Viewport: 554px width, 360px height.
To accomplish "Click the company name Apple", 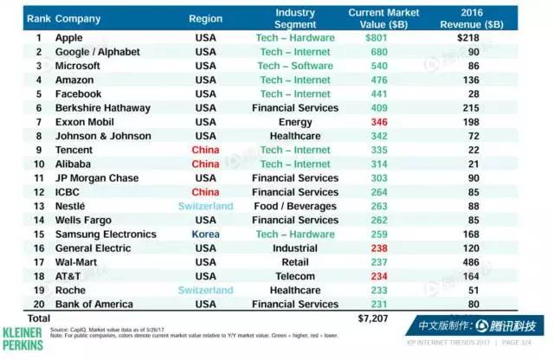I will click(68, 38).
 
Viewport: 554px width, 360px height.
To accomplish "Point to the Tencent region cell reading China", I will click(205, 150).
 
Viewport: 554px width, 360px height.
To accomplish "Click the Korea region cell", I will click(205, 234).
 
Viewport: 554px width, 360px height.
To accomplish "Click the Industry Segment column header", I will click(294, 17).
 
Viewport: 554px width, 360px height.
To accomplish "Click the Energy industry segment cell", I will click(294, 122).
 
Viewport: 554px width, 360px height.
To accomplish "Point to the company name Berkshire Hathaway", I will click(100, 108).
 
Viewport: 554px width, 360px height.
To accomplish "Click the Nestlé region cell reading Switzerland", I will click(205, 206).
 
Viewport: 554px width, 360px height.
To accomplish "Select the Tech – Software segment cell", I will click(294, 66).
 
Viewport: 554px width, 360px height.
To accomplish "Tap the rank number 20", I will click(38, 304).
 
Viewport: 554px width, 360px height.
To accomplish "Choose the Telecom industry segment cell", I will click(294, 276).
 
